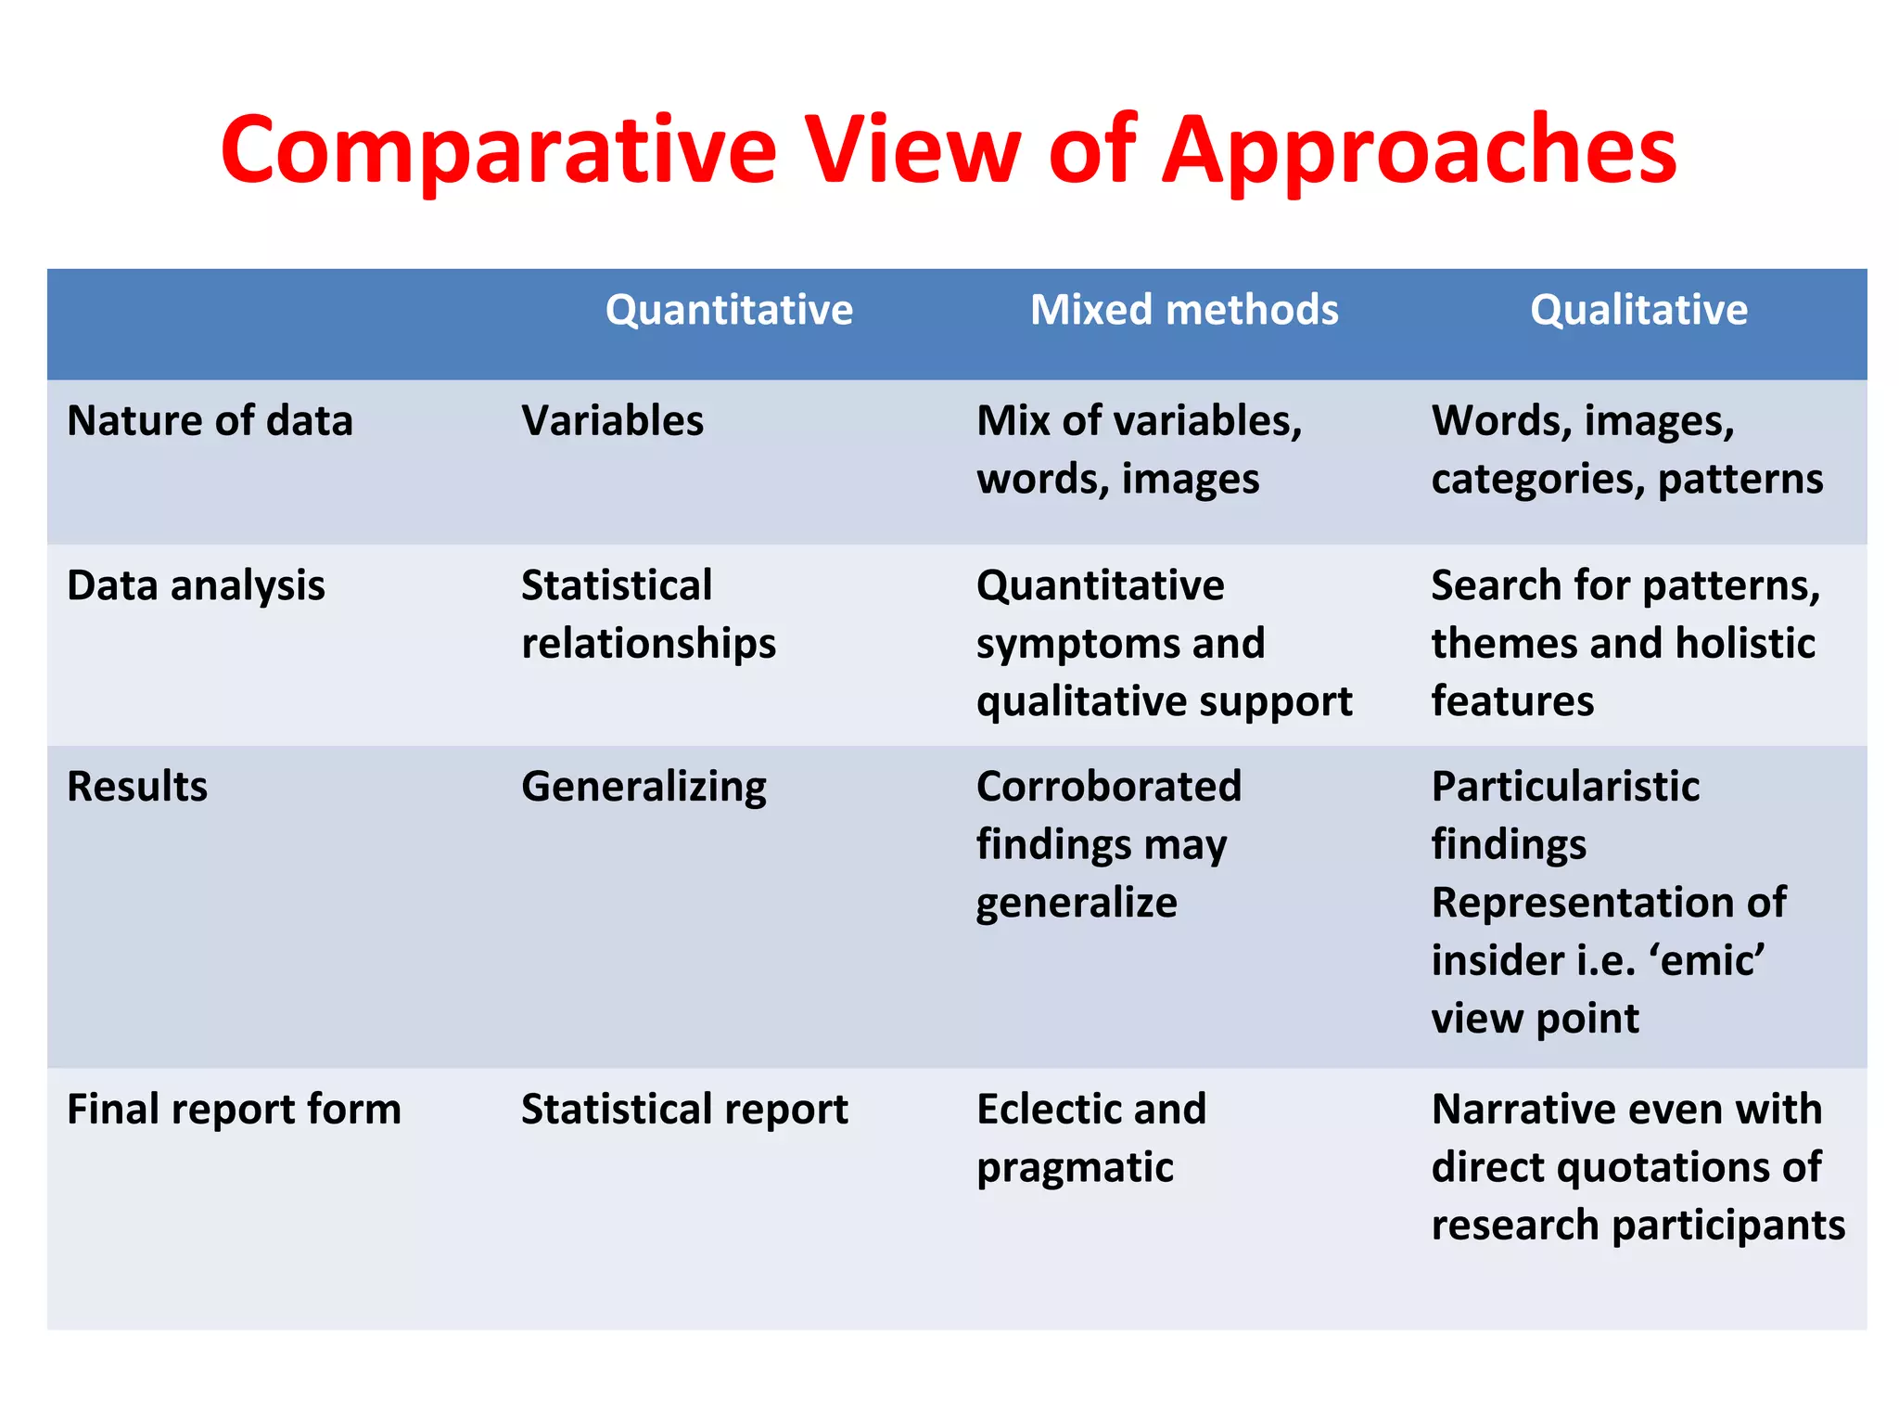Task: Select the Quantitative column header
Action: click(729, 310)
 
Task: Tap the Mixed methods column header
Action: click(1184, 310)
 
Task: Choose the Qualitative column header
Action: click(1638, 310)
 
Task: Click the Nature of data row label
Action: click(210, 421)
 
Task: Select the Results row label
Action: click(137, 787)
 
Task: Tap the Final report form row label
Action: click(234, 1110)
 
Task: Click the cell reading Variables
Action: click(612, 421)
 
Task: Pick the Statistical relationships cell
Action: click(648, 614)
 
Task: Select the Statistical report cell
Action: click(684, 1110)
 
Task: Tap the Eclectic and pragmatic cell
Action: click(1090, 1137)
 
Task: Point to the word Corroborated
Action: click(1108, 787)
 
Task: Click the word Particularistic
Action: click(1565, 787)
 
